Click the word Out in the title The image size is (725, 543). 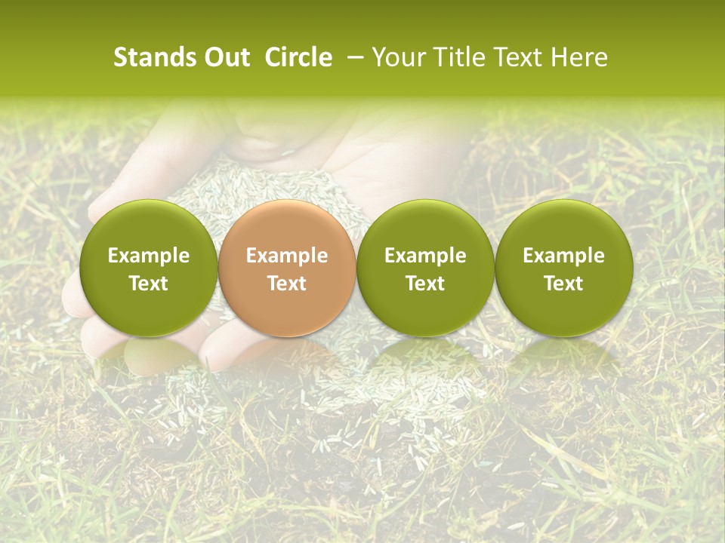225,57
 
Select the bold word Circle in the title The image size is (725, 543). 298,57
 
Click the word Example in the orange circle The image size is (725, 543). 287,256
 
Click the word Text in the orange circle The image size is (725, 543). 287,284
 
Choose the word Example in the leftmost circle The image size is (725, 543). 149,256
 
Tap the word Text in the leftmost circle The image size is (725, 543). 149,284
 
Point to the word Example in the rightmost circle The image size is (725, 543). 563,256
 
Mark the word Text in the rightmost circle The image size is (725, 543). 563,284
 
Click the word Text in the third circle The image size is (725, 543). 425,284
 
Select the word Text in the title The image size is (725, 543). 517,57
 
